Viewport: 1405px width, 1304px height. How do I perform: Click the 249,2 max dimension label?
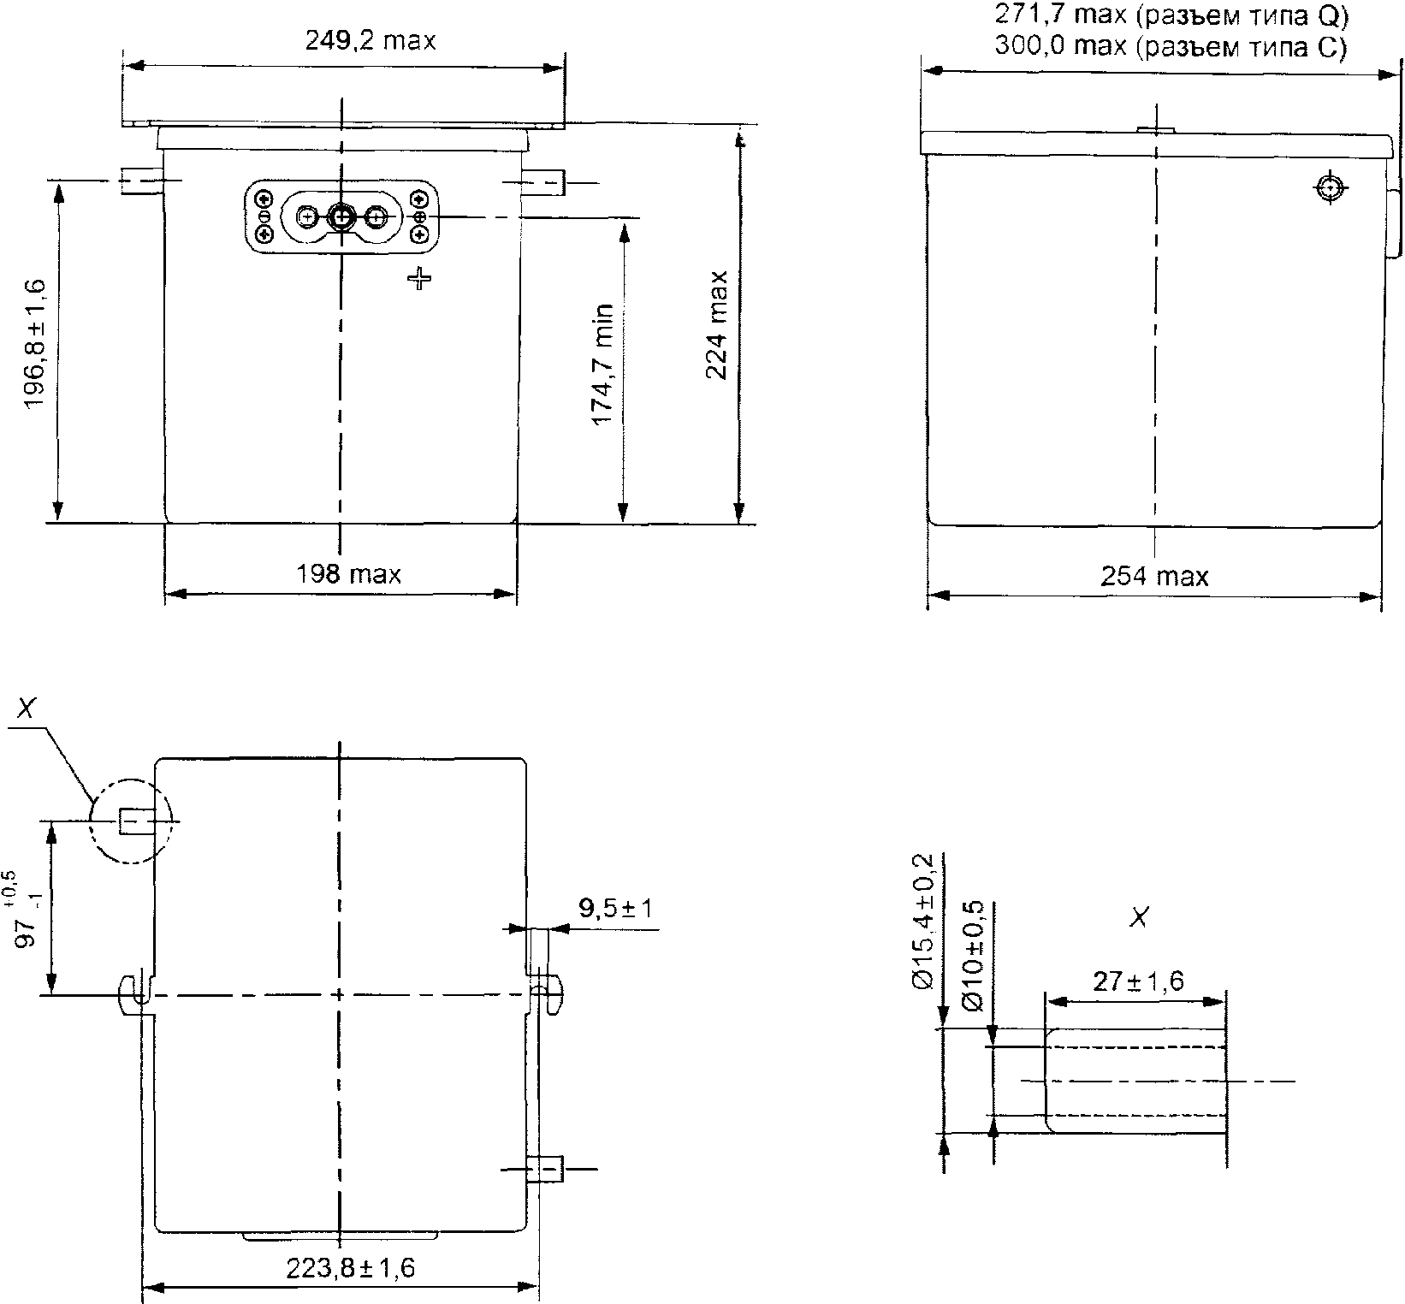pyautogui.click(x=371, y=40)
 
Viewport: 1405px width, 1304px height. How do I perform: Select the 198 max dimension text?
pyautogui.click(x=348, y=573)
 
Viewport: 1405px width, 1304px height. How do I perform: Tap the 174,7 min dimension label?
pyautogui.click(x=603, y=363)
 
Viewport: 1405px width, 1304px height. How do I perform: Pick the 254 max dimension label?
pyautogui.click(x=1154, y=576)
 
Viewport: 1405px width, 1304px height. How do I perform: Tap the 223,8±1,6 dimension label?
pyautogui.click(x=351, y=1267)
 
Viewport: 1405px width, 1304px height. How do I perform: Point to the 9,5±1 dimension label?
pyautogui.click(x=615, y=907)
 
